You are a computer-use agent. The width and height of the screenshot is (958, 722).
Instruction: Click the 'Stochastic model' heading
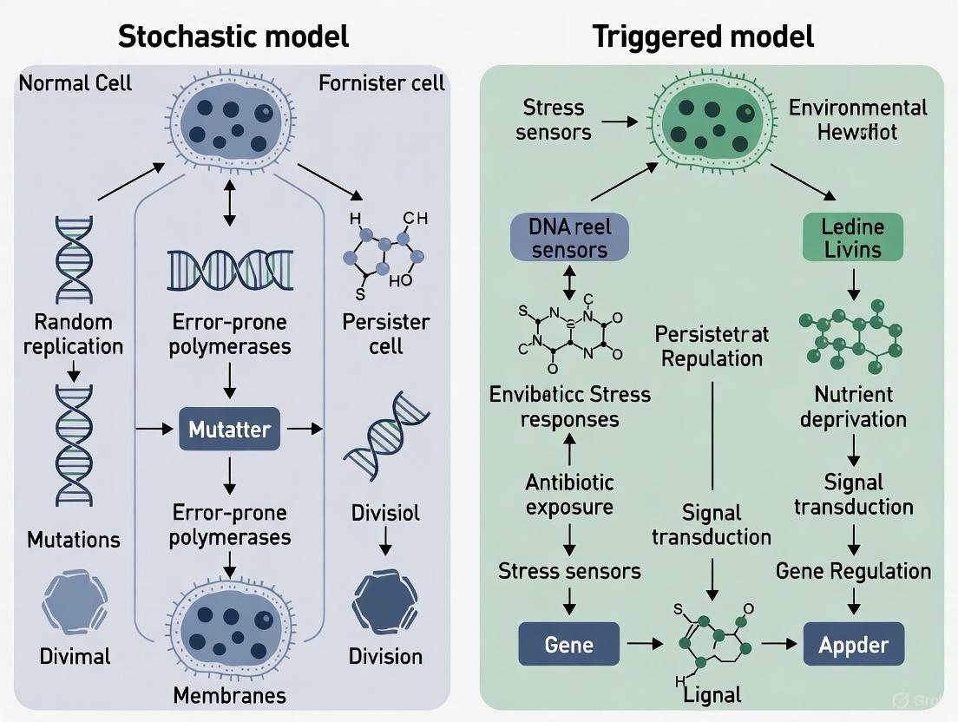(x=233, y=36)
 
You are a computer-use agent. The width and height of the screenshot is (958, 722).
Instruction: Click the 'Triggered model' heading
(x=703, y=36)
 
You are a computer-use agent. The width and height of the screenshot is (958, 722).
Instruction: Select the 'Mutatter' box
(x=230, y=429)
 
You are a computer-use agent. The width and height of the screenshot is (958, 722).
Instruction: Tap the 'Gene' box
(x=568, y=645)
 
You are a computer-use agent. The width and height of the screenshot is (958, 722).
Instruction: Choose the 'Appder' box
(x=854, y=645)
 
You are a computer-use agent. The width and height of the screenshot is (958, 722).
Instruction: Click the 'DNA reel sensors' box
(x=568, y=237)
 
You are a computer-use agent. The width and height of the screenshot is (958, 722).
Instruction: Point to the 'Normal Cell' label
(x=75, y=83)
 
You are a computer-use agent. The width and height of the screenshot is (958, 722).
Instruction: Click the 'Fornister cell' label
(x=381, y=83)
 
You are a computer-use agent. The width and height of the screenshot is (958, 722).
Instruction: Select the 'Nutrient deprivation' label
(x=853, y=407)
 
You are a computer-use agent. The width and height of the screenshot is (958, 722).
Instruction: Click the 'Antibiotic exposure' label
(x=568, y=494)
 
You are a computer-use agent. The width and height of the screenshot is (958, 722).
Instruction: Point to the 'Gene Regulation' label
(x=853, y=570)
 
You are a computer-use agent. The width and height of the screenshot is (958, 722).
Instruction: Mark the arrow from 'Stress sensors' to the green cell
(x=618, y=121)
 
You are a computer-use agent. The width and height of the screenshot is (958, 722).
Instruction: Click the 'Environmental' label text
(x=857, y=108)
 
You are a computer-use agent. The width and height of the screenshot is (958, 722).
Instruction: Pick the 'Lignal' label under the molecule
(x=708, y=694)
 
